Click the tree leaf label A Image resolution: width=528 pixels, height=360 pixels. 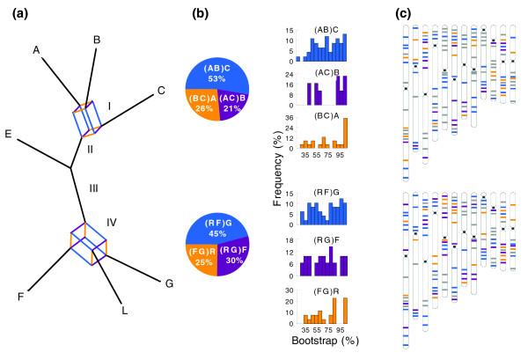[x=38, y=50]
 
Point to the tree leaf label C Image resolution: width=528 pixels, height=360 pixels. [x=161, y=89]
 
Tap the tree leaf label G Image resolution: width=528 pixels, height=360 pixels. [x=169, y=283]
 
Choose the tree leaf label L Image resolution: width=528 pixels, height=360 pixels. [x=125, y=310]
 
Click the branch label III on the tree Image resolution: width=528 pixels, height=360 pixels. [x=93, y=187]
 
